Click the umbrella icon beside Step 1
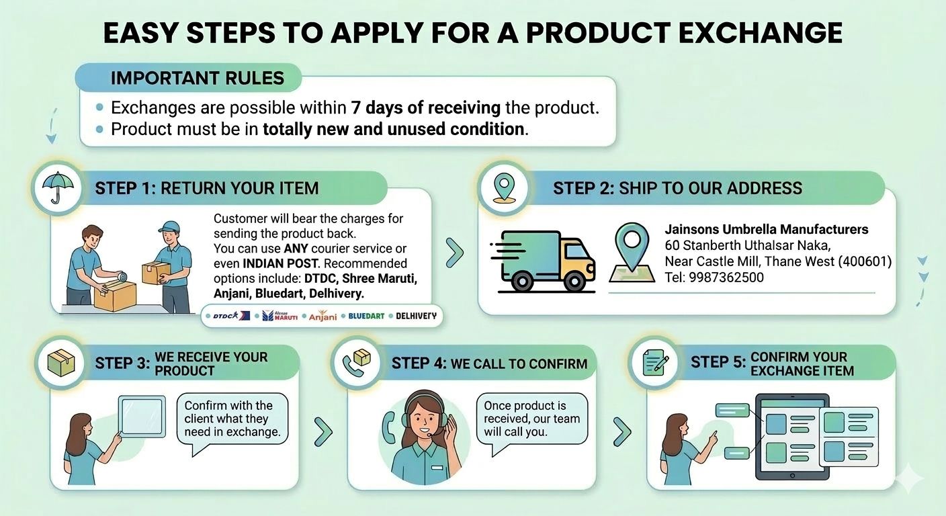pyautogui.click(x=56, y=188)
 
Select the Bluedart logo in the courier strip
pyautogui.click(x=366, y=316)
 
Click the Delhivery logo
pyautogui.click(x=416, y=316)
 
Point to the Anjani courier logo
pyautogui.click(x=322, y=316)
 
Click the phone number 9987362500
pyautogui.click(x=726, y=277)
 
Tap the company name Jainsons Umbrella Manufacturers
pyautogui.click(x=766, y=229)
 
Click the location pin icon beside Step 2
pyautogui.click(x=503, y=188)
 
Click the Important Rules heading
pyautogui.click(x=197, y=78)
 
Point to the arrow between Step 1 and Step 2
pyautogui.click(x=455, y=253)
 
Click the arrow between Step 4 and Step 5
pyautogui.click(x=622, y=431)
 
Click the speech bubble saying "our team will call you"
pyautogui.click(x=531, y=418)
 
